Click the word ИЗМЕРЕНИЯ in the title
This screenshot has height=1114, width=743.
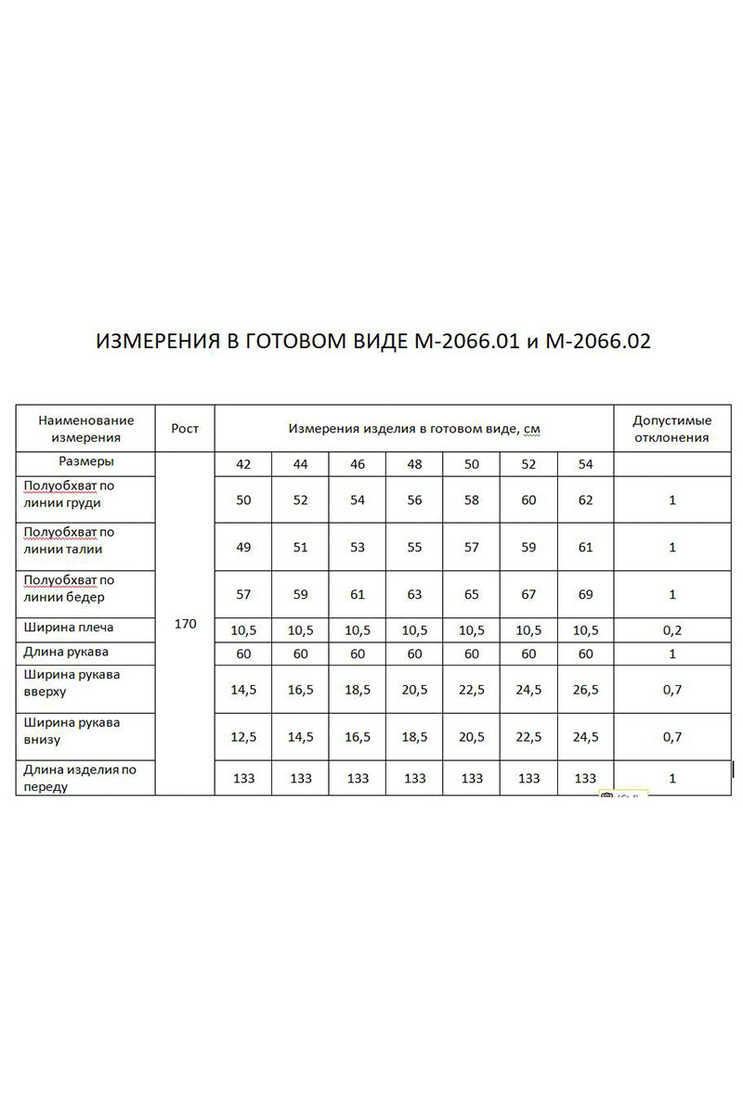[x=157, y=342]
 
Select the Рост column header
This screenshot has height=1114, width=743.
[x=185, y=429]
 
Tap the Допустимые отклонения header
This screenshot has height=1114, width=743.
[x=671, y=429]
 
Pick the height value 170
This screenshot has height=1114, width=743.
[x=185, y=624]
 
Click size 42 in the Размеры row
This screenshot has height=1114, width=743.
[x=243, y=465]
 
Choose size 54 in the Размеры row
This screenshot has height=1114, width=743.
[x=585, y=465]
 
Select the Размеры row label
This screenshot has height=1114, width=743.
[x=85, y=461]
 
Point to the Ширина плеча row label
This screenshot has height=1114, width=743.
[x=70, y=628]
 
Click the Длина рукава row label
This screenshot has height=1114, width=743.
[x=68, y=652]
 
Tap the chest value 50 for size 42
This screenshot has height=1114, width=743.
[x=243, y=500]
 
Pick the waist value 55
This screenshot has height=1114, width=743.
[x=414, y=548]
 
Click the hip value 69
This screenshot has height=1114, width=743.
[x=585, y=594]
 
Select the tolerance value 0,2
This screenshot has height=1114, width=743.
[x=671, y=630]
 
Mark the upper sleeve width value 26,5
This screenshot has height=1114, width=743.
[x=585, y=690]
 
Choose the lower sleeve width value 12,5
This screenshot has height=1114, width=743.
[x=243, y=737]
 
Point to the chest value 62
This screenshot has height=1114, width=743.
[x=585, y=500]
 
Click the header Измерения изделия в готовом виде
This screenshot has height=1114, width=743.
[x=414, y=429]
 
